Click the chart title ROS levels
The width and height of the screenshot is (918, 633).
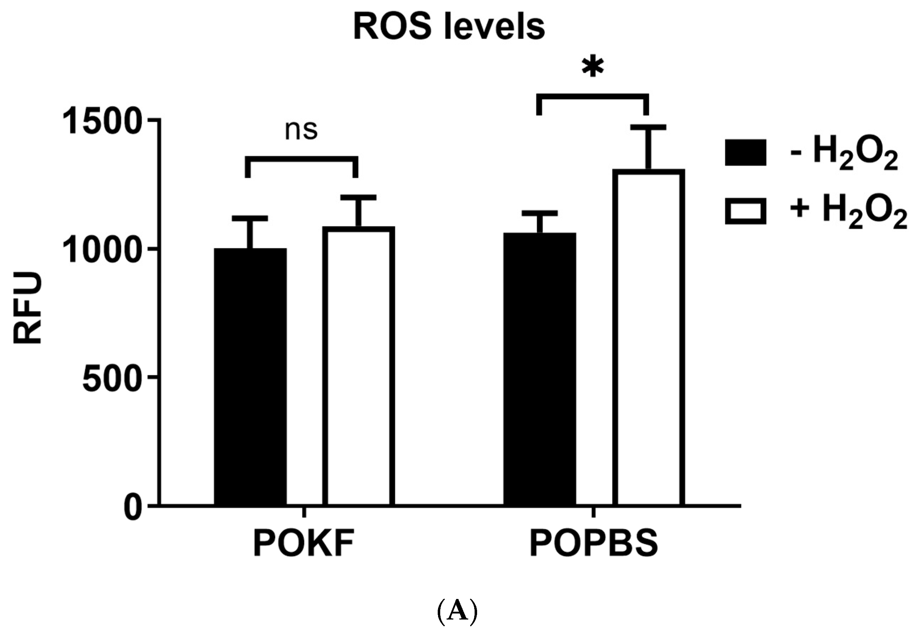tap(449, 27)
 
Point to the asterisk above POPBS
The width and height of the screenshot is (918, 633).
tap(593, 67)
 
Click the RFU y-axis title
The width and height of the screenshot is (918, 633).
tap(28, 308)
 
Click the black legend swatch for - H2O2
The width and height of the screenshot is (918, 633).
tap(745, 152)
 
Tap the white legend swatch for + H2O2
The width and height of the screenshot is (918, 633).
tap(745, 211)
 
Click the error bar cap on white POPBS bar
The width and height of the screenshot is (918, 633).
tap(648, 127)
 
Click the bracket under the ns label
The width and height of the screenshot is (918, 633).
tap(302, 159)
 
